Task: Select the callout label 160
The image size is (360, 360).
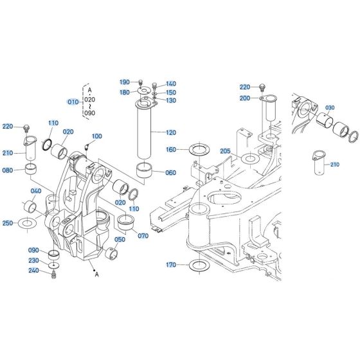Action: [x=170, y=150]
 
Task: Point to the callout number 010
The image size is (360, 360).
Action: [x=73, y=102]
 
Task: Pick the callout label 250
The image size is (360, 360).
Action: [x=8, y=223]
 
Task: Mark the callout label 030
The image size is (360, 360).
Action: [x=330, y=107]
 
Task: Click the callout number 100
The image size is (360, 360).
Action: [x=97, y=136]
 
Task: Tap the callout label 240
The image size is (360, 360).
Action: [x=34, y=271]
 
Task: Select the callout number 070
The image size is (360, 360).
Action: [x=143, y=236]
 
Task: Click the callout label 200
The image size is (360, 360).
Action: [x=245, y=98]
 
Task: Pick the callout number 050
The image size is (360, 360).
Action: [x=120, y=240]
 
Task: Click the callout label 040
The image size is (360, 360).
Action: [x=37, y=191]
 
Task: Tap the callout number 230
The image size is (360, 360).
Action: [x=34, y=260]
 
